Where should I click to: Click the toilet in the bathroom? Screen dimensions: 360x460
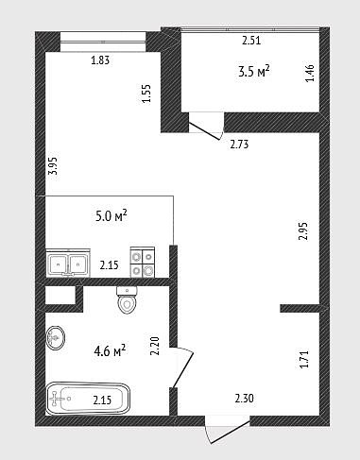[127, 300]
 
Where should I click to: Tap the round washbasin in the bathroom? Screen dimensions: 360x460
[56, 338]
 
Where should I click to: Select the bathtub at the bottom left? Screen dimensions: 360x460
[88, 399]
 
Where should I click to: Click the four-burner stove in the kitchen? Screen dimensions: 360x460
[143, 263]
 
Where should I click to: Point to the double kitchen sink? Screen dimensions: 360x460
[68, 264]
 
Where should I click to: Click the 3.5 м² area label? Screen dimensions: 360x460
[254, 72]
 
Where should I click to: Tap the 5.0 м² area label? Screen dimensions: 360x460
[111, 216]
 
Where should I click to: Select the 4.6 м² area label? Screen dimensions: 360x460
[110, 350]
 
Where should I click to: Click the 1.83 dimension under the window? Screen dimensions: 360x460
[100, 60]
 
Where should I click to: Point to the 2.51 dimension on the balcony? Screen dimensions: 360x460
[251, 41]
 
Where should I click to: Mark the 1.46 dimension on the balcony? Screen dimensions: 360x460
[310, 73]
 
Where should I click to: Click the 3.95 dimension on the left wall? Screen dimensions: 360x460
[53, 165]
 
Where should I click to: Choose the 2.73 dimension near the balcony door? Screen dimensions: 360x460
[239, 145]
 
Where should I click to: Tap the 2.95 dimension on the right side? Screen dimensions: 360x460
[302, 231]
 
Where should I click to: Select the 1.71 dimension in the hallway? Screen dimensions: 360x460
[304, 359]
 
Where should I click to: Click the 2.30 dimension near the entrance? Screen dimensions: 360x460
[244, 399]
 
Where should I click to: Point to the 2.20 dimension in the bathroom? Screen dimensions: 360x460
[155, 346]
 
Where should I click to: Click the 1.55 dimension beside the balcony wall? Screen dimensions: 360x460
[146, 94]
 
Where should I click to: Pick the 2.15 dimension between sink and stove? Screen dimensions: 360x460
[110, 265]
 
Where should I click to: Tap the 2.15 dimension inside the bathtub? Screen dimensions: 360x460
[102, 400]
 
